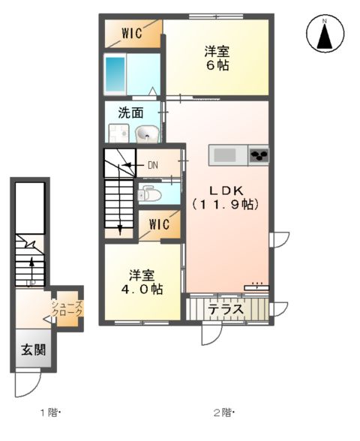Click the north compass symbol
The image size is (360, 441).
[x=325, y=34]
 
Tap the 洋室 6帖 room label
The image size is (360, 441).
[x=217, y=58]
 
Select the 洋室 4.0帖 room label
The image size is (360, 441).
[x=142, y=281]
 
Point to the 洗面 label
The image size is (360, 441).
[x=130, y=113]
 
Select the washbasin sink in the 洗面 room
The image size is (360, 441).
[x=147, y=134]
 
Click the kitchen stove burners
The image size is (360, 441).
[x=259, y=155]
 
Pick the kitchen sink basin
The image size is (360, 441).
[x=225, y=155]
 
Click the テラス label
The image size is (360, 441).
[x=224, y=309]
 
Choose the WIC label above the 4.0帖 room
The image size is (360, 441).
[x=159, y=224]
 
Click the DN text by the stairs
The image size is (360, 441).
[x=153, y=165]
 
